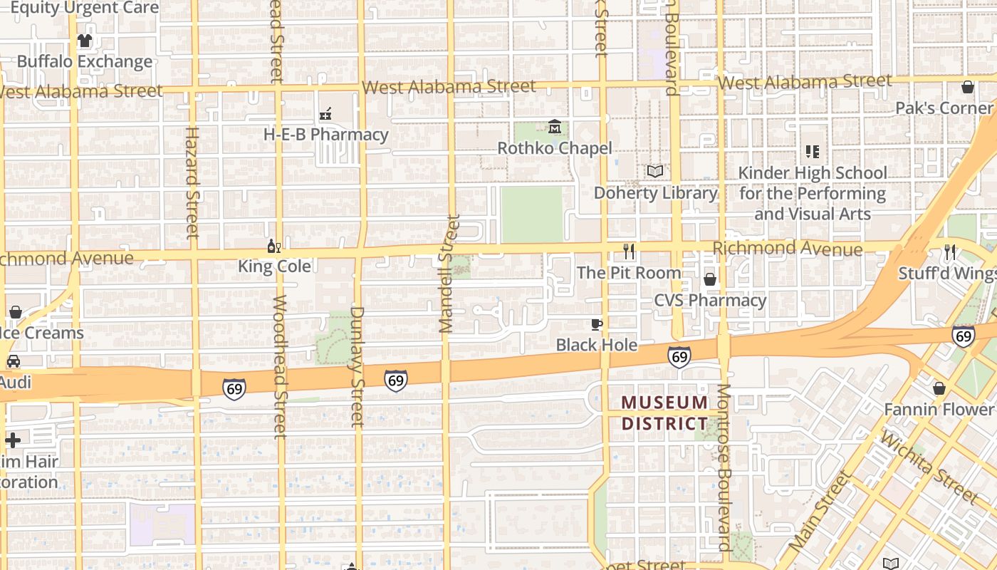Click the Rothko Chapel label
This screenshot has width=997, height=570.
tap(554, 148)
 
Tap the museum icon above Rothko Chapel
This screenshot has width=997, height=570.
tap(555, 128)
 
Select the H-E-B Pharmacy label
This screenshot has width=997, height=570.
tap(325, 135)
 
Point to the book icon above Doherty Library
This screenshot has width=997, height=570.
tap(655, 172)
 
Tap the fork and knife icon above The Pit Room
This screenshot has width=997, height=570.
tap(629, 252)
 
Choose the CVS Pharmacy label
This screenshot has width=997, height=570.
tap(710, 300)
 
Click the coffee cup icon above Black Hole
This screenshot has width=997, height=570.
tap(597, 325)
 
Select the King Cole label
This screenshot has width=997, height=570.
tap(274, 266)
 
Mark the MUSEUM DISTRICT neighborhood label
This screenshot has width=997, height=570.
tap(664, 413)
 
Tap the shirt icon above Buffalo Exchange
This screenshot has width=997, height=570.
tap(85, 41)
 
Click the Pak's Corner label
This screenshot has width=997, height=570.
tap(944, 108)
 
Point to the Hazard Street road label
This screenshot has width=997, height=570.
tap(192, 182)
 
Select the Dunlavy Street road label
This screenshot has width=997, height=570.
tap(357, 366)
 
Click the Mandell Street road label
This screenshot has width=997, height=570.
tap(447, 274)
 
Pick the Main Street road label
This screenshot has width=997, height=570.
tap(821, 509)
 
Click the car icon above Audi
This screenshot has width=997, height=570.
tap(13, 361)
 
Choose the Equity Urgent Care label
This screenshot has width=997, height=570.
tap(84, 9)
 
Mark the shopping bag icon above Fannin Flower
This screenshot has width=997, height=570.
tap(939, 388)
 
